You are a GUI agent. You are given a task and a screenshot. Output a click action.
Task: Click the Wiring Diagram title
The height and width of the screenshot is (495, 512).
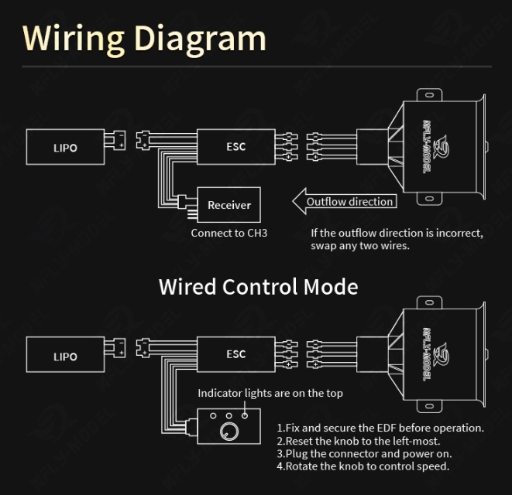tap(144, 38)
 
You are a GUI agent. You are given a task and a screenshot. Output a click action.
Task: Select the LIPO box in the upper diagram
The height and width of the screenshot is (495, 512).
tap(65, 147)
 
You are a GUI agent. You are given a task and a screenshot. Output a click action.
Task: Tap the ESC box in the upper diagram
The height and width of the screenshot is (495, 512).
tap(235, 146)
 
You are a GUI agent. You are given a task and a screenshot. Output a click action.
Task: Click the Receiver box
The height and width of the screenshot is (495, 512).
tap(229, 205)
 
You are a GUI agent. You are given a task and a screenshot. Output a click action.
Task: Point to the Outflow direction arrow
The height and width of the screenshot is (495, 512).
tap(344, 202)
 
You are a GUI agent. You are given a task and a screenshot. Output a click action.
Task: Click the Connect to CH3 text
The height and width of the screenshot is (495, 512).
tap(229, 233)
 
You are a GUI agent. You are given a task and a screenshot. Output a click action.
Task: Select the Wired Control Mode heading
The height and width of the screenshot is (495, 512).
tap(258, 286)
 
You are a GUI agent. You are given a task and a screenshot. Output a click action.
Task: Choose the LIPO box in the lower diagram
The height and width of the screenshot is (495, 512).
tap(65, 357)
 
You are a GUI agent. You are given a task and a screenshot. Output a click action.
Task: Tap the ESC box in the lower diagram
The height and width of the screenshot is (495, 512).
tap(235, 354)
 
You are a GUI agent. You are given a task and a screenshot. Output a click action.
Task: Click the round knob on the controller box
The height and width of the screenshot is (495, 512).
tap(230, 431)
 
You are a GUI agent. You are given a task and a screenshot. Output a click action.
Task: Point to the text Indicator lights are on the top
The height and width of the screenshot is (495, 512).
tap(270, 393)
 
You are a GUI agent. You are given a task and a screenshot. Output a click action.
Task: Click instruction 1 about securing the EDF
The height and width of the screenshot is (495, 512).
tap(380, 428)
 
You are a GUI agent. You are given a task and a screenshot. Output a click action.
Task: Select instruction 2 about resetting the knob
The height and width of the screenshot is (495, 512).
tap(359, 441)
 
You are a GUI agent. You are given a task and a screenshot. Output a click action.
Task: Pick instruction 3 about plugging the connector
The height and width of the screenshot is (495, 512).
tap(364, 454)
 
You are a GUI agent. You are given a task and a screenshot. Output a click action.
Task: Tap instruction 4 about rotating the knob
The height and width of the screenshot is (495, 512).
tap(363, 466)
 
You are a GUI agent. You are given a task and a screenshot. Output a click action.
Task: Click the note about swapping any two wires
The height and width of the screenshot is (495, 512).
tap(397, 239)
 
